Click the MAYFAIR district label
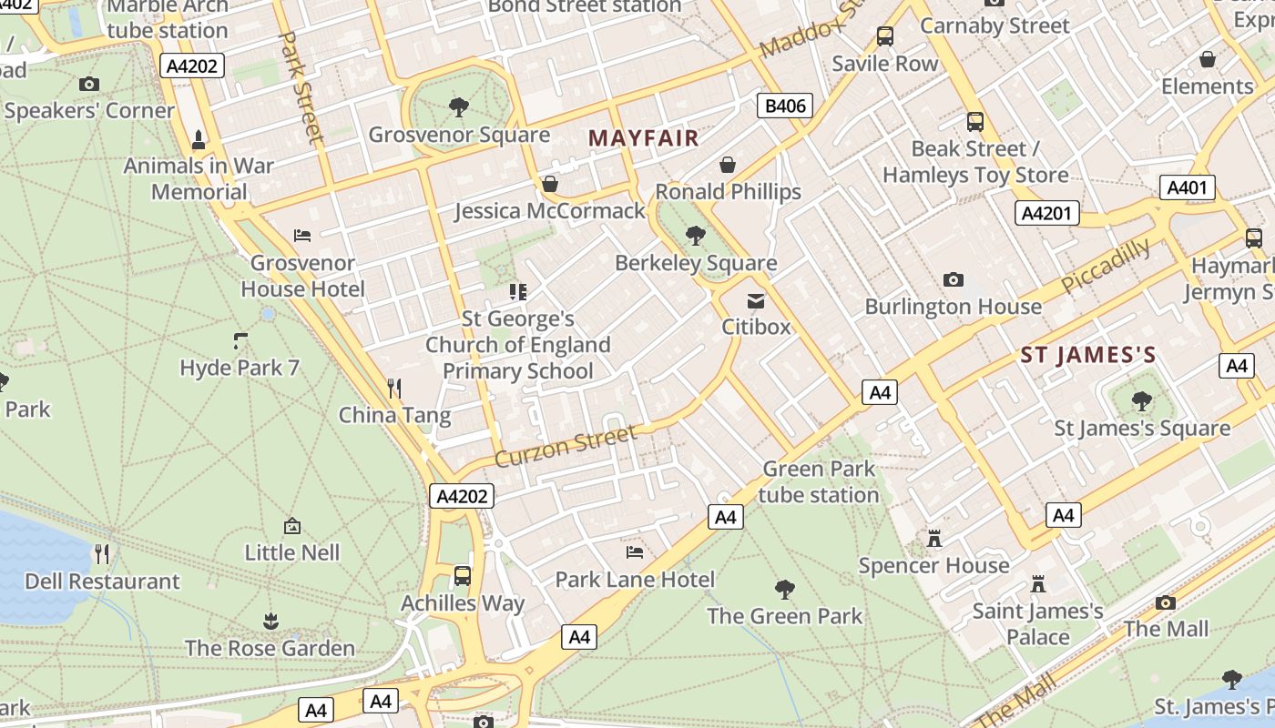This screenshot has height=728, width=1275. pyautogui.click(x=644, y=138)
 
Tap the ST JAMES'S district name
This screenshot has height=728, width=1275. pyautogui.click(x=1087, y=355)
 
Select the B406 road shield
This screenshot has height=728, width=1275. pyautogui.click(x=785, y=106)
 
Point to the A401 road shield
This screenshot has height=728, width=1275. pyautogui.click(x=1188, y=188)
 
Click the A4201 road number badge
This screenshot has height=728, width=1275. pyautogui.click(x=1046, y=213)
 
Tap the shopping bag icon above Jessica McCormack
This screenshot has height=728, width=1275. pyautogui.click(x=550, y=184)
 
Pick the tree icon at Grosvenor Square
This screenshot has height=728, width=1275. pyautogui.click(x=459, y=107)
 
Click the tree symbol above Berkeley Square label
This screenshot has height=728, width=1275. pyautogui.click(x=696, y=236)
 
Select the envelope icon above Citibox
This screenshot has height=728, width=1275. pyautogui.click(x=756, y=300)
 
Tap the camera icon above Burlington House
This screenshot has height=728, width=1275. pyautogui.click(x=954, y=279)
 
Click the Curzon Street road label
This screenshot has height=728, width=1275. pyautogui.click(x=566, y=445)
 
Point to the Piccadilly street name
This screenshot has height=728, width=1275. pyautogui.click(x=1106, y=266)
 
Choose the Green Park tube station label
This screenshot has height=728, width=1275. pyautogui.click(x=819, y=482)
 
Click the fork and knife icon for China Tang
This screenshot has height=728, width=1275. pyautogui.click(x=394, y=389)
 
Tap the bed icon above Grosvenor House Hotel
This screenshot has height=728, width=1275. pyautogui.click(x=302, y=236)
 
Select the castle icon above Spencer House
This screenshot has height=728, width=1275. pyautogui.click(x=933, y=539)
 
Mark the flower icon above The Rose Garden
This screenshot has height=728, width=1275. pyautogui.click(x=270, y=622)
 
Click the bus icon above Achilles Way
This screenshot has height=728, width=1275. pyautogui.click(x=463, y=576)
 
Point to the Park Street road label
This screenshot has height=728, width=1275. pyautogui.click(x=301, y=87)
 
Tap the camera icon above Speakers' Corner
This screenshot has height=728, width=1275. pyautogui.click(x=88, y=85)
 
